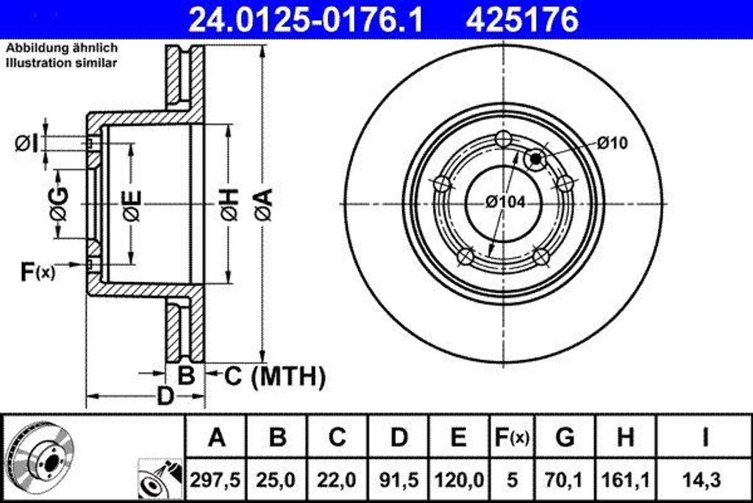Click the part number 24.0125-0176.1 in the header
[306, 20]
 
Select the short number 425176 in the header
[521, 20]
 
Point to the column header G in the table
[565, 437]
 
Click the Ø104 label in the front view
[505, 202]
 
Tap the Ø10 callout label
[613, 143]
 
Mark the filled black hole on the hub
[536, 158]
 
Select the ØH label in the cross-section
[229, 204]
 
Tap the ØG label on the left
[59, 204]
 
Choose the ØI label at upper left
[27, 143]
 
